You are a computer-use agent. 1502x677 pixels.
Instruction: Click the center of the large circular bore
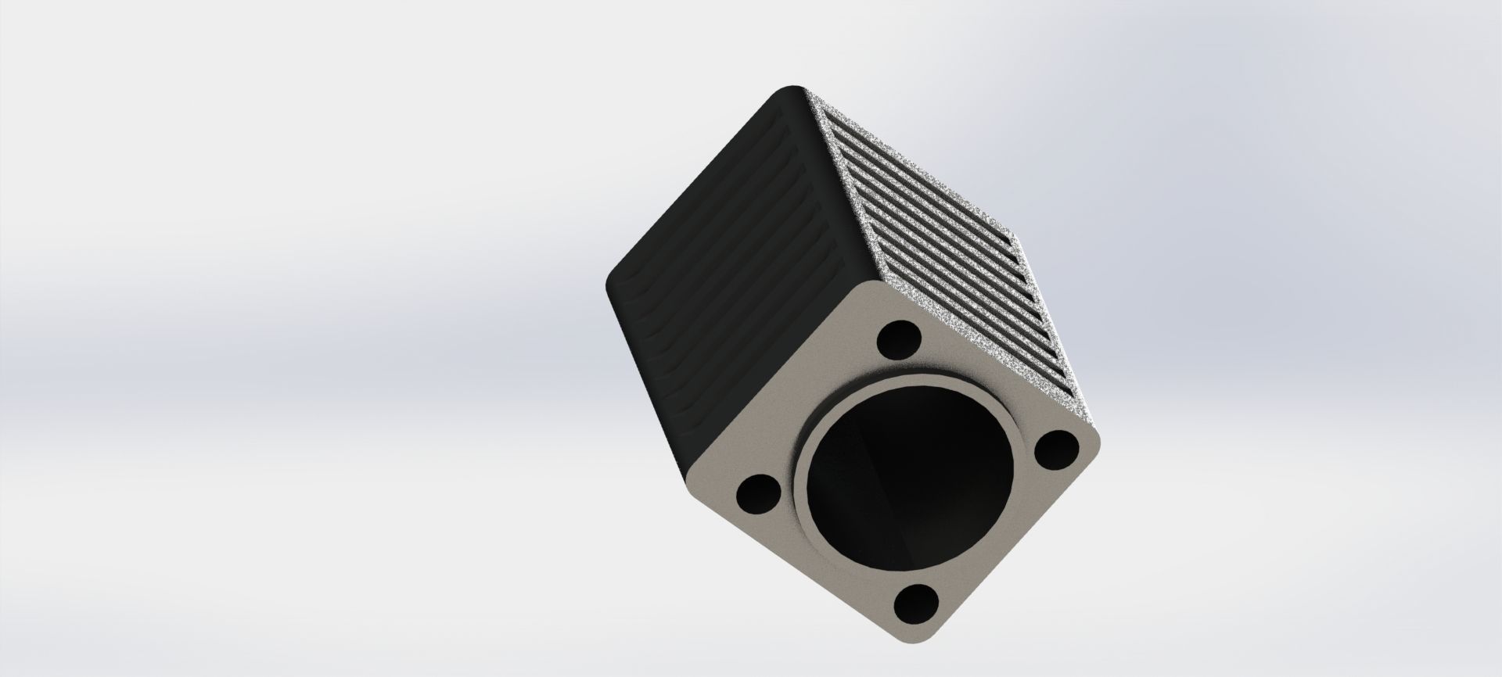click(x=907, y=474)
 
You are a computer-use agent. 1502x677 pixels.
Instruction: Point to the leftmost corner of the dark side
click(x=608, y=289)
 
